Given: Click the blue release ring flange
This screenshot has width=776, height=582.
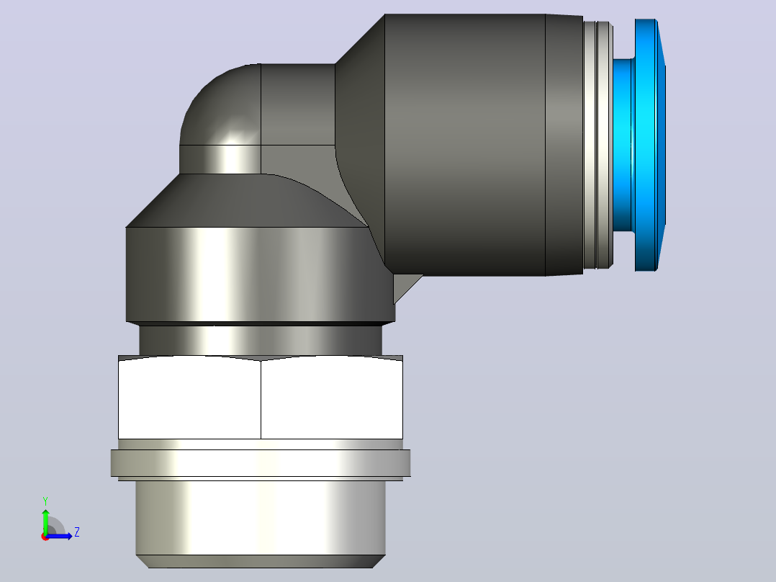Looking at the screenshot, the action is [x=649, y=145].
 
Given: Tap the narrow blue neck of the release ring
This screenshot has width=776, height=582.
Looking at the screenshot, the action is [x=623, y=145].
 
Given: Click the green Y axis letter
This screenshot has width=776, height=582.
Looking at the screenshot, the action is [x=45, y=501].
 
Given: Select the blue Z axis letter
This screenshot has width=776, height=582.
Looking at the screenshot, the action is [x=77, y=532].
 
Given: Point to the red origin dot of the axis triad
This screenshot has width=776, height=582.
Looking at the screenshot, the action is [x=45, y=537].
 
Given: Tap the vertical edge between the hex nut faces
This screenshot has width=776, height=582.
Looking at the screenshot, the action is [x=261, y=400].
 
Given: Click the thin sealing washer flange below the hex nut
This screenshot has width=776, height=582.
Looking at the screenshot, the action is [x=261, y=463].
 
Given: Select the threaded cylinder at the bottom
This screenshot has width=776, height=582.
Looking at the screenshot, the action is [x=261, y=518].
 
